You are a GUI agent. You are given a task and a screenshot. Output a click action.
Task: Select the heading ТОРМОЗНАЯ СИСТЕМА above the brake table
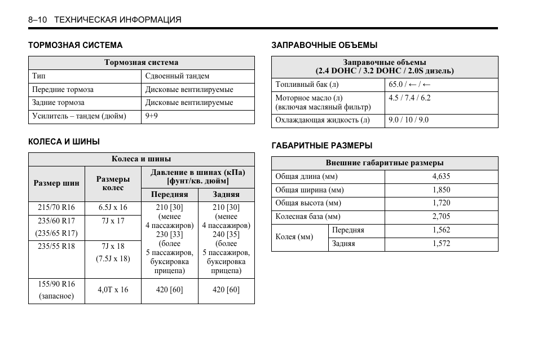coord(76,45)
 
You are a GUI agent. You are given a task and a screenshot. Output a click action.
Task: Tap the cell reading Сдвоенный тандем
coord(177,76)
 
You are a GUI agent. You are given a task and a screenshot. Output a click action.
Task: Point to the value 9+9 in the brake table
coord(152,116)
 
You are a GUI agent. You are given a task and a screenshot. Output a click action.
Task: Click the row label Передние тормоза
coord(63,89)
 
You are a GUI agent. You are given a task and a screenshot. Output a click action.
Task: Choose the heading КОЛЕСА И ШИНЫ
coord(64,142)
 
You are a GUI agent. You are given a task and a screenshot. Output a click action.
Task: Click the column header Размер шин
coord(56,183)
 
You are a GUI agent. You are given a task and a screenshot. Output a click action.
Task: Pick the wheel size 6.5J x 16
coord(113,207)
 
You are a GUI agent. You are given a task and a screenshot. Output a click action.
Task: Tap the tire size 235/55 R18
coord(56,246)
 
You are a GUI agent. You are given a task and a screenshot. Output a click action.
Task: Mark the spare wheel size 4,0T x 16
coord(113,289)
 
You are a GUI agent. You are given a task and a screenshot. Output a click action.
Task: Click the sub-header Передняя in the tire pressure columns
coord(169,194)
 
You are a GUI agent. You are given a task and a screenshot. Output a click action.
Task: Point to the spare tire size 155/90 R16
coord(56,284)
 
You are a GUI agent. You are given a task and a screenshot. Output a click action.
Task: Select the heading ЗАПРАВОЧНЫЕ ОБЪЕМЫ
coord(324,45)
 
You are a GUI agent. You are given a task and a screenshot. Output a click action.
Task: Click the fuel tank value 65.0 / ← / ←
coord(410,85)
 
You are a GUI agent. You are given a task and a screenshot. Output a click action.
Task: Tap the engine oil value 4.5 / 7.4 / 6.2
coord(409,98)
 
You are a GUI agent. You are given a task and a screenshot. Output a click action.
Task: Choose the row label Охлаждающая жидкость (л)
coord(323,120)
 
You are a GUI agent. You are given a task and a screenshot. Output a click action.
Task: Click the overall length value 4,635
coord(441,176)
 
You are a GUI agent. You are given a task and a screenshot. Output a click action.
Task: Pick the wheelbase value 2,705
coord(441,217)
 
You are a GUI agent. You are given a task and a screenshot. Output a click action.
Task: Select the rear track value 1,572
coord(441,244)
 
